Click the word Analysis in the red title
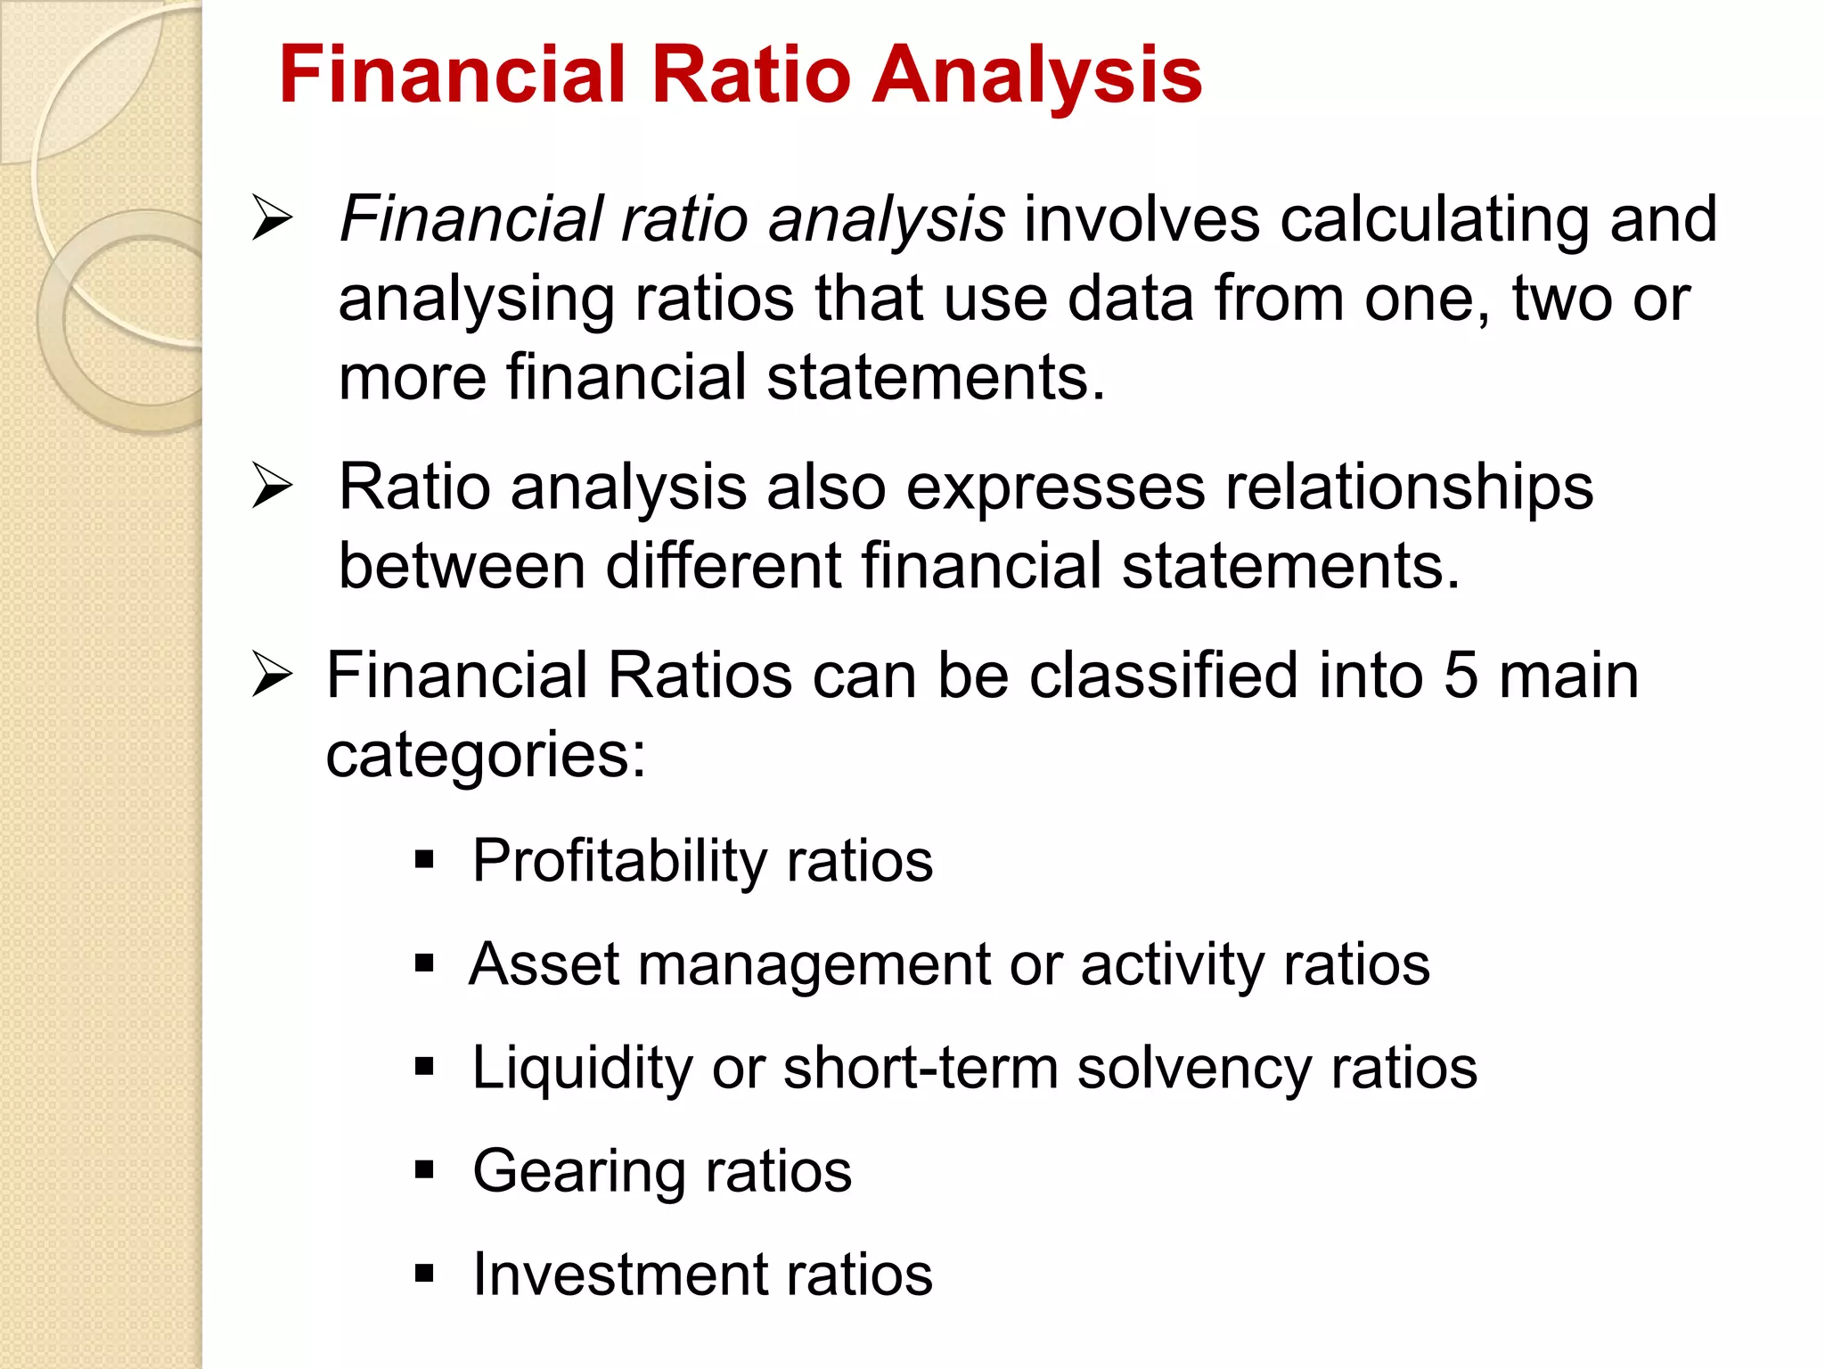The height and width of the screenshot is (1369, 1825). [1037, 76]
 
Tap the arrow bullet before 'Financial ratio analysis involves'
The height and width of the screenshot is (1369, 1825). [272, 218]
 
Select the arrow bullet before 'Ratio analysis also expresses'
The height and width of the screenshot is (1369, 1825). [272, 486]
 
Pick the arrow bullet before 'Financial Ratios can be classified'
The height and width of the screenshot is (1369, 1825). [272, 675]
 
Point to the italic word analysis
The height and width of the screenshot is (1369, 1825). [886, 220]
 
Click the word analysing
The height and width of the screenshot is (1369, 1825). [476, 299]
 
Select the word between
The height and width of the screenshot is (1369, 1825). [462, 566]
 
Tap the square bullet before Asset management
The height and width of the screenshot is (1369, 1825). [424, 963]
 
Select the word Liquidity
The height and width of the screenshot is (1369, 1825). [582, 1068]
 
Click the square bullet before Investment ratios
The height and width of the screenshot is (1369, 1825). [424, 1274]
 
